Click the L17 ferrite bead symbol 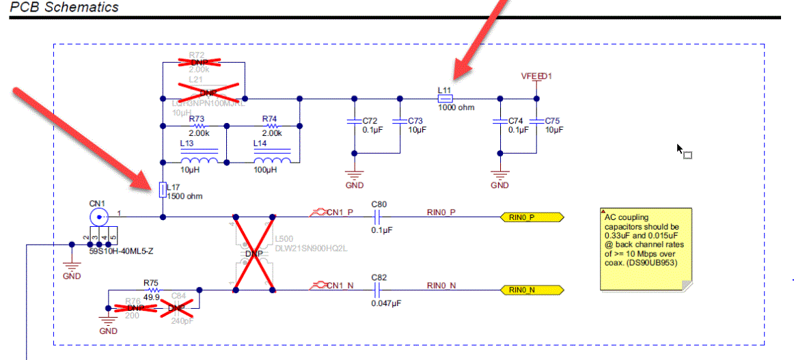(x=163, y=189)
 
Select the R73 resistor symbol (x=199, y=126)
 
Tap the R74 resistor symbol (x=272, y=126)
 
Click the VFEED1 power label (x=537, y=76)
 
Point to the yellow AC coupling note (x=645, y=249)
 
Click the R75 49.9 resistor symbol (x=151, y=290)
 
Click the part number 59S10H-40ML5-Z (x=122, y=251)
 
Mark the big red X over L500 (x=254, y=253)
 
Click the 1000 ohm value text (x=456, y=107)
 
